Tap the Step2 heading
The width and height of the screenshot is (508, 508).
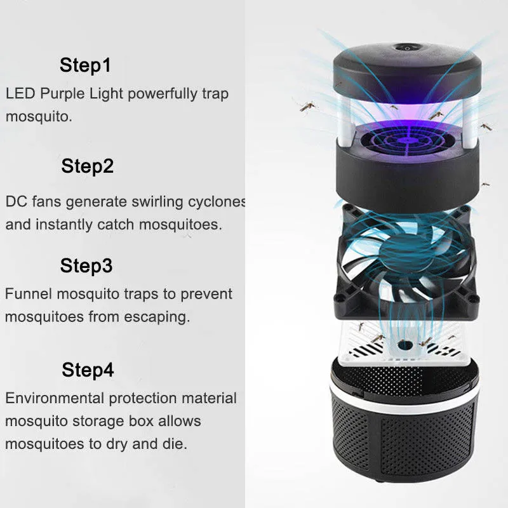[x=88, y=166]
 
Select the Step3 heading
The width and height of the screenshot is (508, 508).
[x=86, y=265]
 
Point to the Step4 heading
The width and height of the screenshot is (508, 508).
[x=88, y=370]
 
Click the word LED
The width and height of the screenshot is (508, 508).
[x=20, y=94]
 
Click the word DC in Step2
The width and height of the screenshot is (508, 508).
[x=16, y=202]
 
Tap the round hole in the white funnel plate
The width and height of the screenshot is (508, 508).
[x=406, y=344]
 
